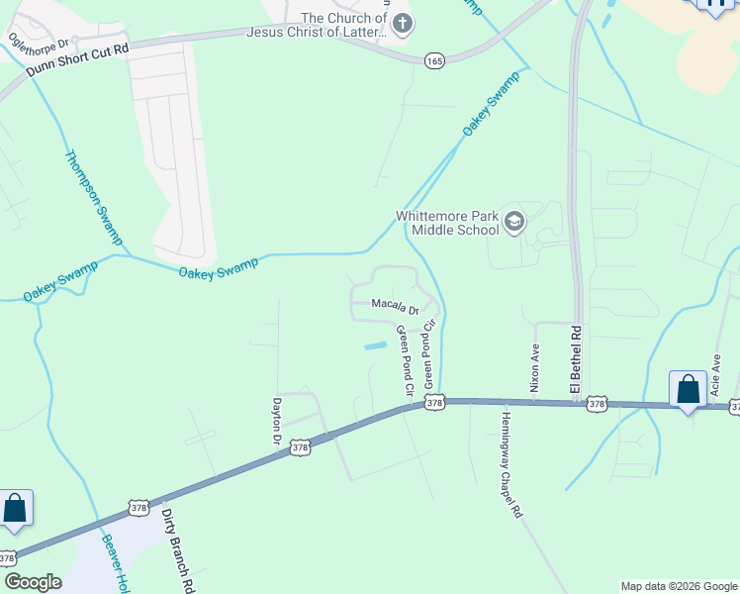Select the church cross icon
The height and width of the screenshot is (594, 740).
point(402,23)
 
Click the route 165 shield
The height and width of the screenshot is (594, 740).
point(434,60)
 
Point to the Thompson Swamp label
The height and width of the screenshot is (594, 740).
point(93,198)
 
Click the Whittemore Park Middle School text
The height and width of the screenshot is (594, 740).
point(447,222)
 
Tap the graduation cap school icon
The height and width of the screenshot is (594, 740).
point(513,221)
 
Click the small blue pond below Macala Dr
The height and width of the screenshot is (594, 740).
point(375,346)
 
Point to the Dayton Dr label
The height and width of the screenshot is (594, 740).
point(277,421)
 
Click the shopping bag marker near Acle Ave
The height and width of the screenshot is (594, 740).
point(688,389)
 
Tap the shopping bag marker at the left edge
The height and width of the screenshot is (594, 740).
point(15,508)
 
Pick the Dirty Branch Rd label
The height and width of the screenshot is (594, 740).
point(179,550)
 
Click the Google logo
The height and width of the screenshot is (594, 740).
point(33,582)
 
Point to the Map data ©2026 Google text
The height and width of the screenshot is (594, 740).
point(679,586)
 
